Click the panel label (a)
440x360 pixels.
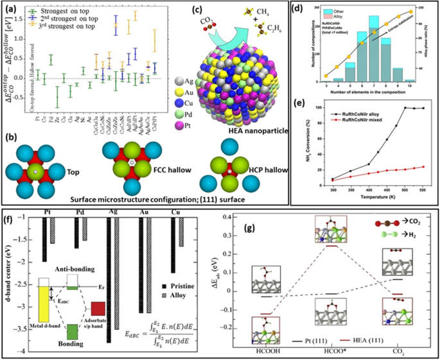pyautogui.click(x=11, y=8)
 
